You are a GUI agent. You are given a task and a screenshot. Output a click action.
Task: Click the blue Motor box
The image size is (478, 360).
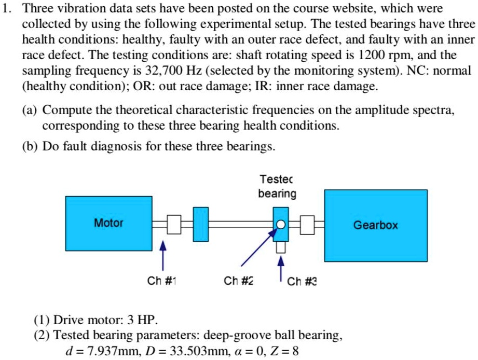pos(109,224)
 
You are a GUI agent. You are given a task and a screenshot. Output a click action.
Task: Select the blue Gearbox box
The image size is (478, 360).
pos(376,226)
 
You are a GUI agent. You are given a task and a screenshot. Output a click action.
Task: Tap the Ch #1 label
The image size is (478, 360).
pos(161,281)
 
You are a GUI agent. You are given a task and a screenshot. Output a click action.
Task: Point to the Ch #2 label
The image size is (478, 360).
pos(238,281)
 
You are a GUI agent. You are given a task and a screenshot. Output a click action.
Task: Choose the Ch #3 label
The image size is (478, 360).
pos(302,281)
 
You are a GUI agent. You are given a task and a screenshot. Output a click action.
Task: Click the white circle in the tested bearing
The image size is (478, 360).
pos(281,225)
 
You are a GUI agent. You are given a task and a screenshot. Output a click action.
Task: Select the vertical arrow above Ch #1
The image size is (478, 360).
pos(163,256)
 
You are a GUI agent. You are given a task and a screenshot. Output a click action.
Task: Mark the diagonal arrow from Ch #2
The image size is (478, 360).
pos(259,247)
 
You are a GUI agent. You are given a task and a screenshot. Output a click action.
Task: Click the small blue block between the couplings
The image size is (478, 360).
pos(201,225)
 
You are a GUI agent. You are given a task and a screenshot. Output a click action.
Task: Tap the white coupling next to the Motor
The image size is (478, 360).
pos(174,225)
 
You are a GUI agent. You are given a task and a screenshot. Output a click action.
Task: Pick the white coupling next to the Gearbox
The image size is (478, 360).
pos(307,225)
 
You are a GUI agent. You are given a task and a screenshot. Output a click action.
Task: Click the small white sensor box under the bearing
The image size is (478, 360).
pos(281,247)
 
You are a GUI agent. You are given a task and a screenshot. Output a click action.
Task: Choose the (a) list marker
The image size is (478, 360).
pos(29,110)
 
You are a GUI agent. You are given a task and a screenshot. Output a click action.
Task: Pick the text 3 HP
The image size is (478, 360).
pos(142,320)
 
